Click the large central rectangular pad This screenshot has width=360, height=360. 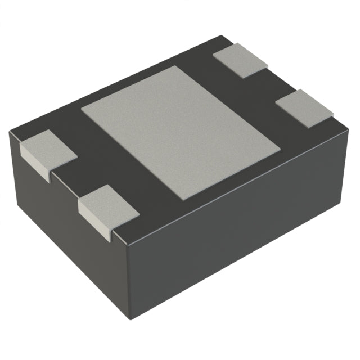click(180, 132)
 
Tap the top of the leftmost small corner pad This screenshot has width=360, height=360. click(48, 147)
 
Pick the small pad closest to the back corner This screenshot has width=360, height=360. click(242, 58)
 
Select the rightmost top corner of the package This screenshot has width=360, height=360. click(337, 118)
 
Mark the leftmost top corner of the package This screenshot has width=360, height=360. click(10, 131)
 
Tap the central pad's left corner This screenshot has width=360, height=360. click(82, 108)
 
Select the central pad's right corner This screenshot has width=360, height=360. click(280, 149)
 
